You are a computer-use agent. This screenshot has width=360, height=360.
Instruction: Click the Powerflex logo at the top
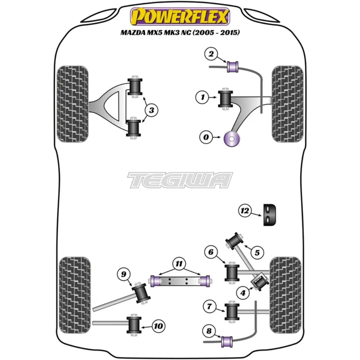tap(180, 17)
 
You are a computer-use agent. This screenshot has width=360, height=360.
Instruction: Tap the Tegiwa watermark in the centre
tap(180, 180)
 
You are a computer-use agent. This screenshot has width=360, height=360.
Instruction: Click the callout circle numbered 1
tap(203, 97)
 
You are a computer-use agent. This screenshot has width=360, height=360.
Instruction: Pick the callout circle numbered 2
tap(211, 54)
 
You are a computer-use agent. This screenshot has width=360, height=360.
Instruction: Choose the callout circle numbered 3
tap(152, 110)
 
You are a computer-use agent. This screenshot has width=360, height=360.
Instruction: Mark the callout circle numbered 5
tap(257, 253)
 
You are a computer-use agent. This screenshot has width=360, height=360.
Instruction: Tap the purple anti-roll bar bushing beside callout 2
tap(232, 66)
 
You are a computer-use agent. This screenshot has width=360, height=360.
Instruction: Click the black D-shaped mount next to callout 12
tap(270, 215)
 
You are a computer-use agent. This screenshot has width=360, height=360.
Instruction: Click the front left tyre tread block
tap(73, 103)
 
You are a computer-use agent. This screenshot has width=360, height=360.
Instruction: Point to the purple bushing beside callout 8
tap(227, 339)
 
